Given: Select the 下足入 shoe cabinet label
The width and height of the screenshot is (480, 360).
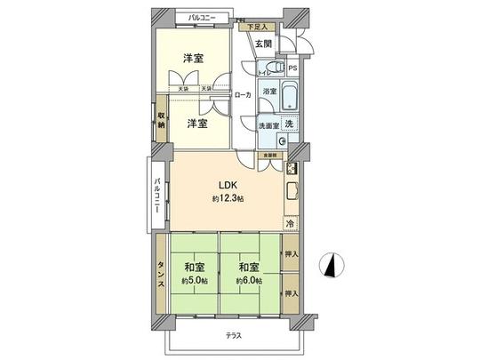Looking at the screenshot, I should point(256,27).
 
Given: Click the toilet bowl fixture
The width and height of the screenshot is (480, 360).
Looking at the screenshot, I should point(280,68).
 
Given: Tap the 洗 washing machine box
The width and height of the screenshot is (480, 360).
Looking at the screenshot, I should point(288,124).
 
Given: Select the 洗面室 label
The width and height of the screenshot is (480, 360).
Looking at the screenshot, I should point(268,125).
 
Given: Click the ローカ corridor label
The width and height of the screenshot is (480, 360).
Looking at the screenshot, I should point(242,95).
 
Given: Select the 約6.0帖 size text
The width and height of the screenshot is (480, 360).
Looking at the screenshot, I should point(247,281).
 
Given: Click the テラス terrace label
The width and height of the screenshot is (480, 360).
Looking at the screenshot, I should point(233,335).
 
